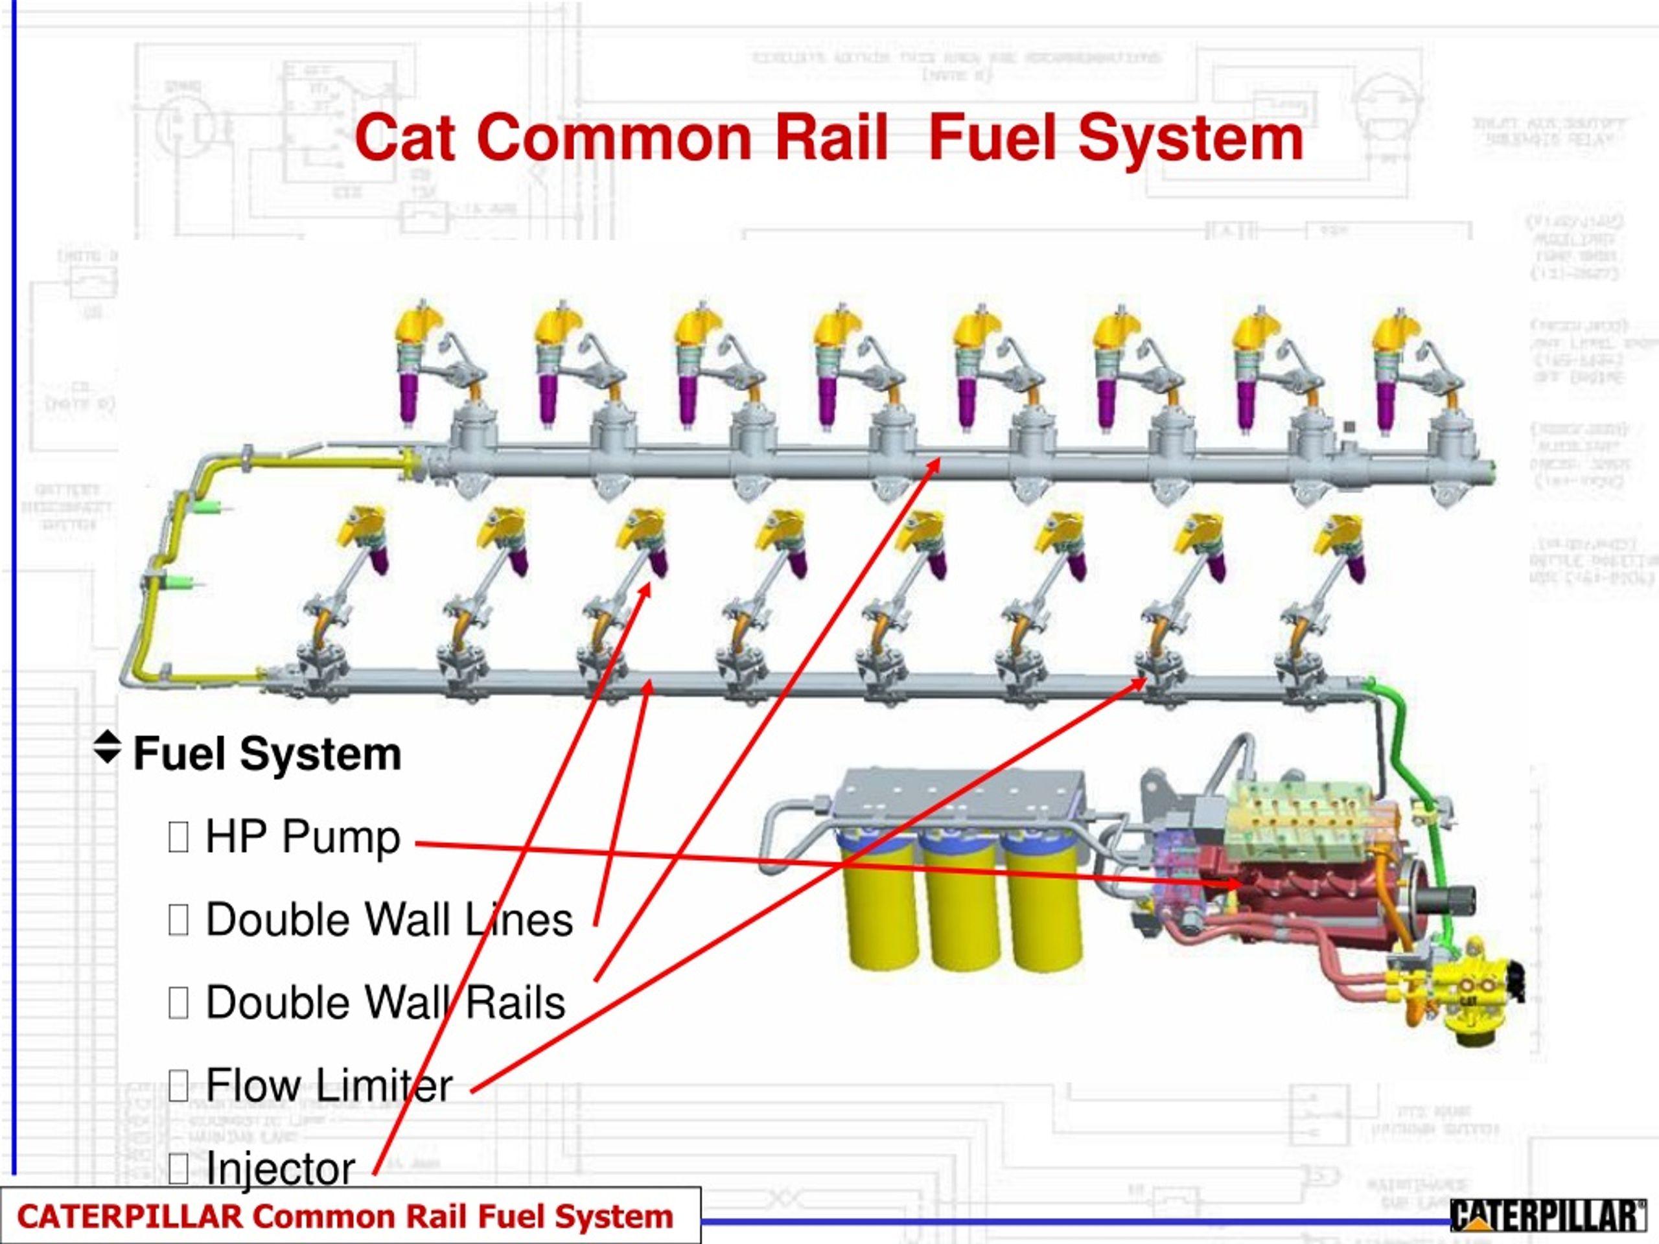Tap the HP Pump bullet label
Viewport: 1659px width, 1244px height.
point(302,838)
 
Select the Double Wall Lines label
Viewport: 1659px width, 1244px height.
point(388,920)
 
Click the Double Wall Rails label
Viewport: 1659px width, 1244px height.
point(385,1003)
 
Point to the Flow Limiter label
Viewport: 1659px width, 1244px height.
point(329,1085)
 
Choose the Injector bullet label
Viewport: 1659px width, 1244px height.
point(280,1168)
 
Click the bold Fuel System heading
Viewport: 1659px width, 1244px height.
point(267,754)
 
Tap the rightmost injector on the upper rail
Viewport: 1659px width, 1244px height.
point(1393,367)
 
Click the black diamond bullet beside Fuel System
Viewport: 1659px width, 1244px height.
point(107,748)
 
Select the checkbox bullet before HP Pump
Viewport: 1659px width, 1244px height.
point(178,838)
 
